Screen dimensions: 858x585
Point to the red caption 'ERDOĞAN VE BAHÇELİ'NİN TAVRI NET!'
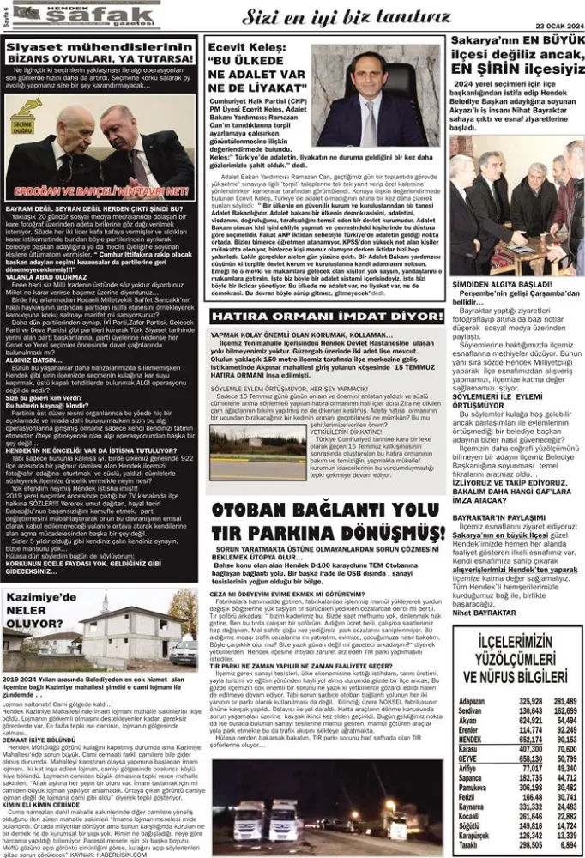click(104, 190)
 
